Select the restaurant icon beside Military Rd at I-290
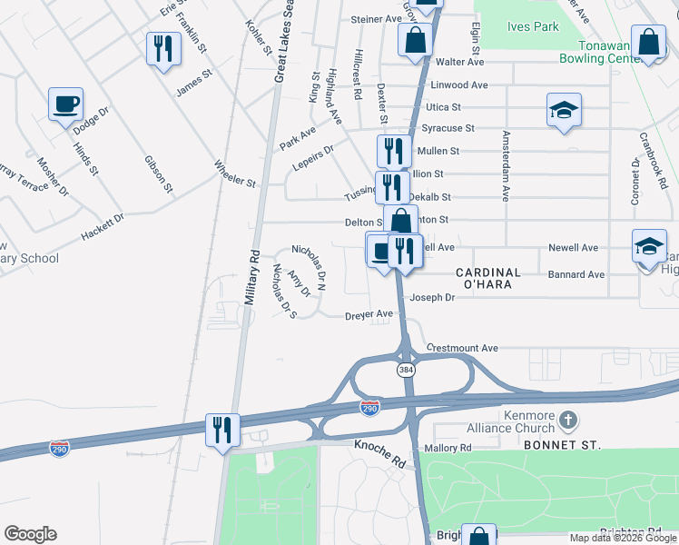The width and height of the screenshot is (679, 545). point(221,428)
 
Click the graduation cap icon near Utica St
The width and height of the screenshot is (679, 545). point(564,111)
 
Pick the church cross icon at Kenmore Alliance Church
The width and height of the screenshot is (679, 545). point(568,420)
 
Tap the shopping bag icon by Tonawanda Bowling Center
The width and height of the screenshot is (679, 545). point(650,43)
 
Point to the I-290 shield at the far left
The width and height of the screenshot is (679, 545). point(59,450)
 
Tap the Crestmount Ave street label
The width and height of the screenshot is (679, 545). point(463,348)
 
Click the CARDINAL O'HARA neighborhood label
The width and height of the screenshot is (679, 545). point(488,278)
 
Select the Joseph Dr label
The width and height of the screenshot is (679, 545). point(430,297)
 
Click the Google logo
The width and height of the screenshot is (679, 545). point(30,534)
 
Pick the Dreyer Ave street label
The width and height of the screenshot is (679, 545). point(369,314)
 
